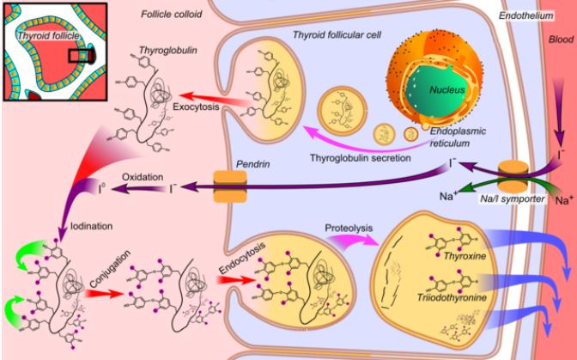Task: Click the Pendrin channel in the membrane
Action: coord(230,186)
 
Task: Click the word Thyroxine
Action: coord(465,256)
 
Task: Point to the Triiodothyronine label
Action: coord(452,296)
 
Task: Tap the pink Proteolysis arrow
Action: coord(353,241)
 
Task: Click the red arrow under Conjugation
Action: coord(104,293)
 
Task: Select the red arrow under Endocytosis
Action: coord(235,280)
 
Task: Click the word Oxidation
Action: coord(143,177)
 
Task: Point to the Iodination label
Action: coord(91,226)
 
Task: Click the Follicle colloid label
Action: coord(172,14)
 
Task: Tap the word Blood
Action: coord(561,40)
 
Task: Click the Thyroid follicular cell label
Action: coord(337,34)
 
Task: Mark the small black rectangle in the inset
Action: coord(80,56)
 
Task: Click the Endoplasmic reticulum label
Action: coord(458,137)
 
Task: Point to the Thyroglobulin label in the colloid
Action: coord(168,51)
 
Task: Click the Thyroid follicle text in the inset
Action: coord(48,35)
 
